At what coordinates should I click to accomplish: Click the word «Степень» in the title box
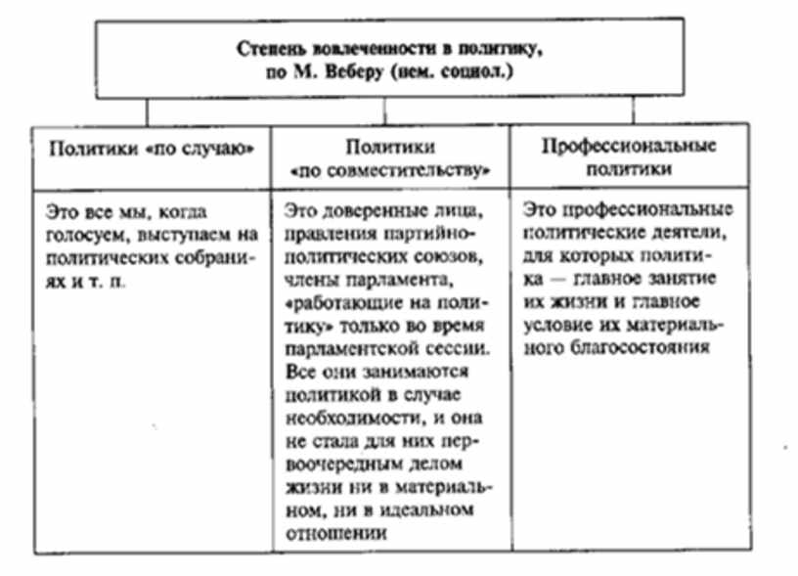271,50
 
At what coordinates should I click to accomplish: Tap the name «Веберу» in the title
353,72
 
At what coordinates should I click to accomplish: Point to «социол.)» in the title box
477,72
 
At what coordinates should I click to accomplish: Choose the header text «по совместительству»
390,171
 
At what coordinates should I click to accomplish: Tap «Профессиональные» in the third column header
629,147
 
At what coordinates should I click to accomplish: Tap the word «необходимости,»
353,419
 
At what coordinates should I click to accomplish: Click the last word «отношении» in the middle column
335,533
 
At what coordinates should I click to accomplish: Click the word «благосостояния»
640,348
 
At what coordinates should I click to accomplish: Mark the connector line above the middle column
384,111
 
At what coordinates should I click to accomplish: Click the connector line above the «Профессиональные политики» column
633,110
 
